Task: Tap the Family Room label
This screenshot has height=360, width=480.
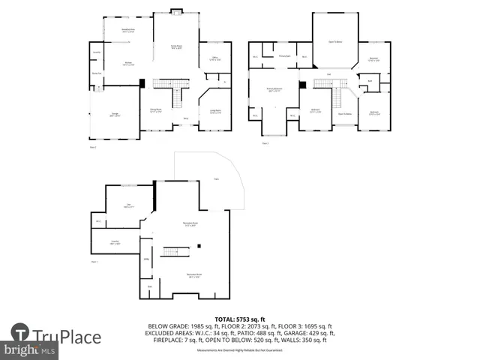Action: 177,47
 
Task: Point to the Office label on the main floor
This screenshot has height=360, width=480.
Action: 214,58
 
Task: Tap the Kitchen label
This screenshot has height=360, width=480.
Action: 128,64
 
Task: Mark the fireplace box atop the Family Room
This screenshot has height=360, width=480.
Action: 176,10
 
